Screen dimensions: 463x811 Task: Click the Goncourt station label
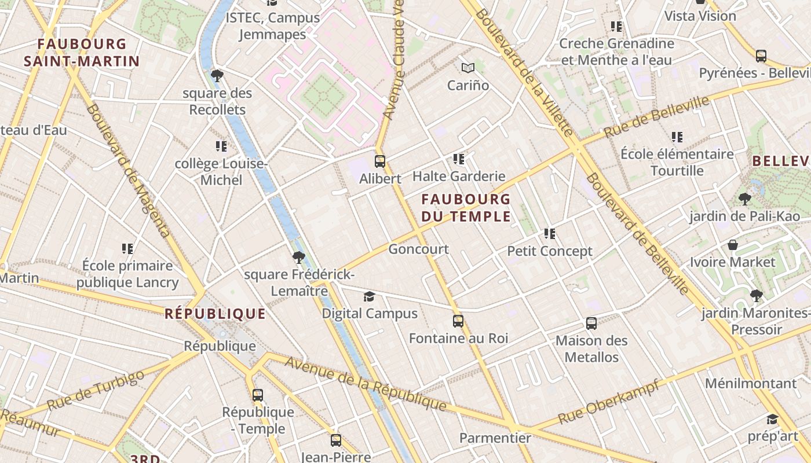coord(418,249)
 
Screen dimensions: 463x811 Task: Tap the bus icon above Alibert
coord(380,161)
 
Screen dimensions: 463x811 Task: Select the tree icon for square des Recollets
coord(217,75)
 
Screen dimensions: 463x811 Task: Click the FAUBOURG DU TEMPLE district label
coord(466,208)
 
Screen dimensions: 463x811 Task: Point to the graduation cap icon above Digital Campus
coord(369,297)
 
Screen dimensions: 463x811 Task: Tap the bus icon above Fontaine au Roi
coord(458,321)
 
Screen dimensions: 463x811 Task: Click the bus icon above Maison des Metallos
coord(591,324)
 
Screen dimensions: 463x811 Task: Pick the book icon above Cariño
coord(468,68)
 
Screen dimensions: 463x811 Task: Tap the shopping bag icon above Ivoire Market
coord(732,245)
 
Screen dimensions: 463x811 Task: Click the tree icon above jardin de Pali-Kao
coord(745,200)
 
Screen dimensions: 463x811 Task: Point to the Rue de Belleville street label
coord(656,117)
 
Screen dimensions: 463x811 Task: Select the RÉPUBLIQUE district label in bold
coord(215,314)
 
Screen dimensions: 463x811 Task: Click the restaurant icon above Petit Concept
coord(550,234)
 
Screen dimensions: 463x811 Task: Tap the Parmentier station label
coord(495,438)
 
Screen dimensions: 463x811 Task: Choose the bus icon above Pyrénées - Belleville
coord(761,56)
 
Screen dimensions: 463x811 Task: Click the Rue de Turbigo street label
coord(96,391)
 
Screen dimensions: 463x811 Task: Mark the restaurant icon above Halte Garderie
coord(459,159)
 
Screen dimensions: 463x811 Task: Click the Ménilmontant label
coord(751,383)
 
